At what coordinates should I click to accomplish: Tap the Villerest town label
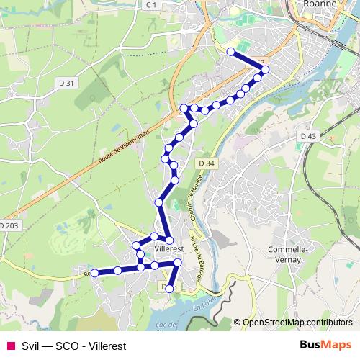(x=170, y=248)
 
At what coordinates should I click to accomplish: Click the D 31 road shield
(x=66, y=83)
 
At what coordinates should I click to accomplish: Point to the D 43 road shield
(x=307, y=135)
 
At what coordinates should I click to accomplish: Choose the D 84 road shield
(x=205, y=163)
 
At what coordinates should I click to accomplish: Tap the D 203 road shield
(x=9, y=225)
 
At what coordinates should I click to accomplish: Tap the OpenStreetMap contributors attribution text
(x=297, y=322)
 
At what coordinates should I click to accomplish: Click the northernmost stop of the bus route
(x=230, y=51)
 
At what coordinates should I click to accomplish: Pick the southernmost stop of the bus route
(x=169, y=288)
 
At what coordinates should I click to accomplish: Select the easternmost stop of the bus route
(x=265, y=69)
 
